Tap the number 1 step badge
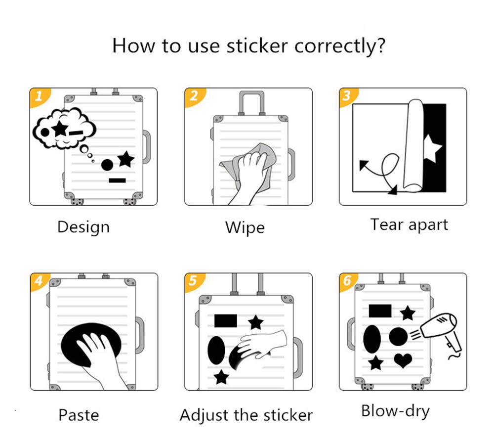pos(39,96)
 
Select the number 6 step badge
pos(348,281)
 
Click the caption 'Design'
pos(83,227)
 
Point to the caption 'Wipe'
pos(245,227)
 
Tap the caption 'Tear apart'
pos(409,225)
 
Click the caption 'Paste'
pos(79,415)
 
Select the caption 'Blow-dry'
pos(395,411)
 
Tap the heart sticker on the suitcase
pos(403,360)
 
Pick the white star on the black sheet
pos(432,148)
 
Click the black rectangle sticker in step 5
pos(226,321)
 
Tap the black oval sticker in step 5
pos(216,351)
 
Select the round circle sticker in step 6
pos(398,337)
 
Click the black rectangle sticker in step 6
pos(380,311)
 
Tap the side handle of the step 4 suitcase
pos(140,335)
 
